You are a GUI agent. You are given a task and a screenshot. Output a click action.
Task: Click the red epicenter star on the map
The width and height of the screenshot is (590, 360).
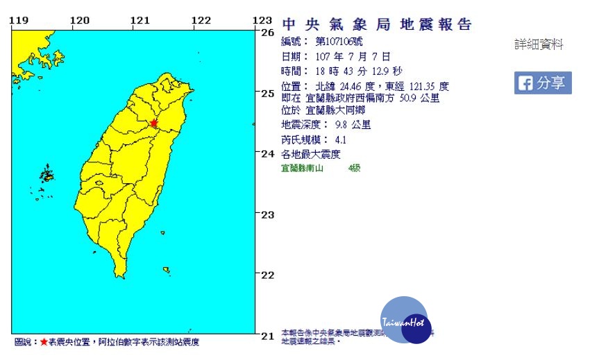(x=154, y=124)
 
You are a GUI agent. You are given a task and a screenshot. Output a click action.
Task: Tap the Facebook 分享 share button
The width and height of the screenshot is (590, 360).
(x=543, y=83)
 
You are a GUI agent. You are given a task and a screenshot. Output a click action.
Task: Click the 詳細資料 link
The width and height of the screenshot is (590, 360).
(x=539, y=45)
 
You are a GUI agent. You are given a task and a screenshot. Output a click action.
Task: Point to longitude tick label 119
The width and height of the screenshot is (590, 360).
(x=19, y=20)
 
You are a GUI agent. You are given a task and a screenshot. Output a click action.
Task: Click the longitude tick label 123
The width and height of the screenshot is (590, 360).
(x=262, y=20)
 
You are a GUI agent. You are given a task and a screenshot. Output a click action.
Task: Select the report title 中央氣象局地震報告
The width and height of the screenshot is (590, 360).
(x=377, y=25)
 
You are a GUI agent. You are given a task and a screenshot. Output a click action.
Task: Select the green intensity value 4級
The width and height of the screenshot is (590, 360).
(x=355, y=169)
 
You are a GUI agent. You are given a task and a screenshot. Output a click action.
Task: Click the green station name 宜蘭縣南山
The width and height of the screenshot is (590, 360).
(x=303, y=169)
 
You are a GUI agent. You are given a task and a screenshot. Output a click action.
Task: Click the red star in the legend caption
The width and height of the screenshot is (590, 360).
(x=44, y=342)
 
